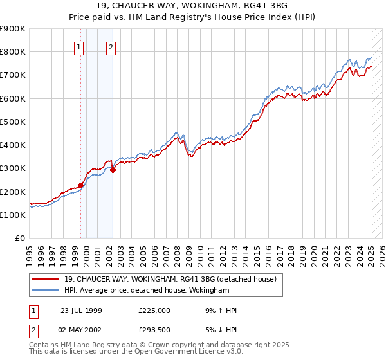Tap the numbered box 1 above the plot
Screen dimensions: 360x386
(78, 46)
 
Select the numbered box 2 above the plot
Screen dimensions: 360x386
(111, 46)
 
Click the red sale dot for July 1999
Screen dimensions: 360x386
(81, 185)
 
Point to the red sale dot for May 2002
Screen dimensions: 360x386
(113, 170)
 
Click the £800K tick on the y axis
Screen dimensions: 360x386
(13, 52)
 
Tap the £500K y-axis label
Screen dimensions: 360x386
(13, 122)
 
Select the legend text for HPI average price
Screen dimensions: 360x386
(147, 291)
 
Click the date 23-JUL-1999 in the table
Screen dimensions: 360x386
(81, 310)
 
